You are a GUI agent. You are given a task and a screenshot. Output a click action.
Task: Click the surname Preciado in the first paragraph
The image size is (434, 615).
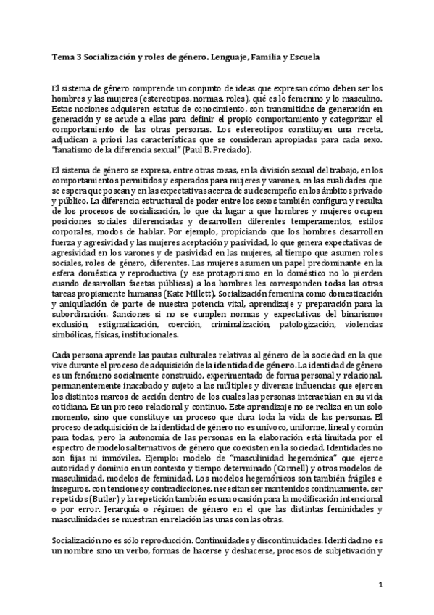[227, 150]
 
